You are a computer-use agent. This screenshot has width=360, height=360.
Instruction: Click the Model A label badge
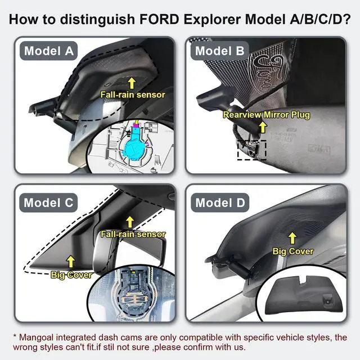pyautogui.click(x=49, y=52)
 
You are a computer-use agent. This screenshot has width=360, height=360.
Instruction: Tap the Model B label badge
pyautogui.click(x=219, y=52)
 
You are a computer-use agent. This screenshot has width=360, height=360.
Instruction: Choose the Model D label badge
pyautogui.click(x=220, y=202)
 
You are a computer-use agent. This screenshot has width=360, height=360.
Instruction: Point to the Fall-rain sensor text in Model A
pyautogui.click(x=133, y=94)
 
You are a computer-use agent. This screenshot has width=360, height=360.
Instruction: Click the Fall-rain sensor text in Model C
pyautogui.click(x=133, y=234)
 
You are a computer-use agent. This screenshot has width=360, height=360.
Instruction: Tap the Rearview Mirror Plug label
pyautogui.click(x=266, y=115)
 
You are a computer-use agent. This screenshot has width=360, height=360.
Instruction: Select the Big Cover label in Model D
pyautogui.click(x=292, y=251)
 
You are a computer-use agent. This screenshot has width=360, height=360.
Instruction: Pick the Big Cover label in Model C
pyautogui.click(x=71, y=275)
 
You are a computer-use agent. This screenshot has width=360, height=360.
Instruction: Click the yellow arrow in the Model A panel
pyautogui.click(x=133, y=82)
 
